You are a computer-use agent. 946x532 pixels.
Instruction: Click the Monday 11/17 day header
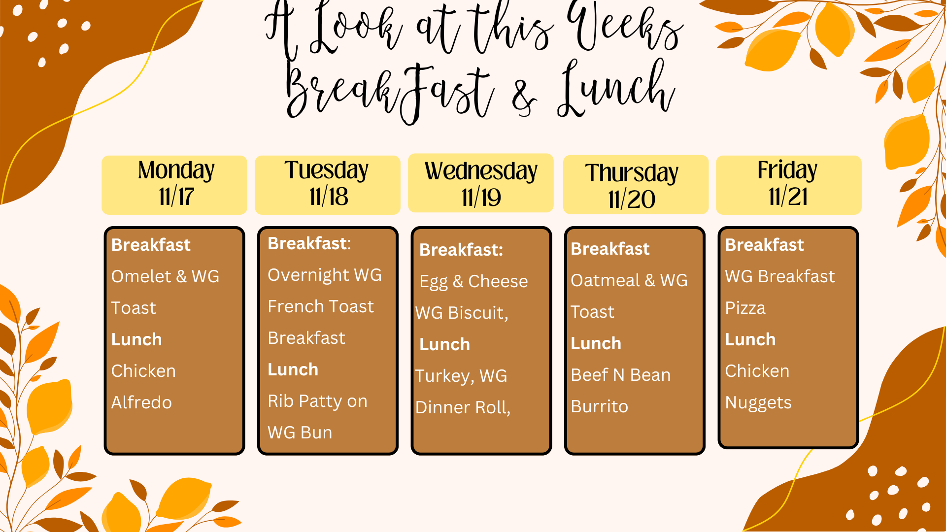(174, 185)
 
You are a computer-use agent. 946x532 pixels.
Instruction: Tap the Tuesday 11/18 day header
(328, 185)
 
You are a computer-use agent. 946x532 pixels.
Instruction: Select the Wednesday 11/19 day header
(481, 183)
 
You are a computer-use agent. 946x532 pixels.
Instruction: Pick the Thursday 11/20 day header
(636, 185)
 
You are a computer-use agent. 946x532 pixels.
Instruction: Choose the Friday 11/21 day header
(789, 185)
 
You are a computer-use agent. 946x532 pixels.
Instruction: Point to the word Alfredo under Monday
(141, 402)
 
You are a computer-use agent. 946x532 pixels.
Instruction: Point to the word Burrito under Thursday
(599, 406)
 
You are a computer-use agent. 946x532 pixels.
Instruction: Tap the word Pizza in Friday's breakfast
(745, 308)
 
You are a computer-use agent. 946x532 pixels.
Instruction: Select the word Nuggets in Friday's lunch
(758, 403)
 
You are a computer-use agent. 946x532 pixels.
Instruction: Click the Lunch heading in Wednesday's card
(444, 344)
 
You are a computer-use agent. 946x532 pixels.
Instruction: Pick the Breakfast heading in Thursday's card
(610, 249)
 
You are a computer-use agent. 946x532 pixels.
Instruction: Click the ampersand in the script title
(524, 97)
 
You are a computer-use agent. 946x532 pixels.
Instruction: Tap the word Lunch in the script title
(616, 89)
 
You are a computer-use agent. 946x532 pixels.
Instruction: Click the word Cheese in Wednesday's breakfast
(498, 281)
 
